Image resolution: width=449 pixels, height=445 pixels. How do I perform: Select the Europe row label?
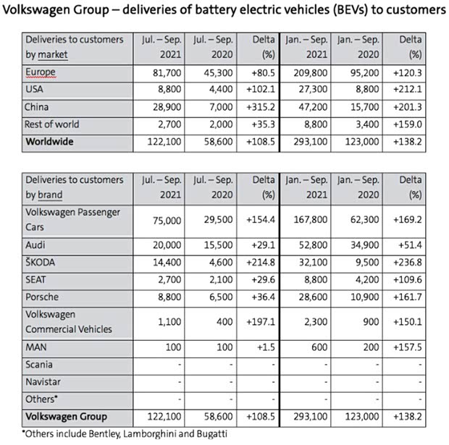pos(40,72)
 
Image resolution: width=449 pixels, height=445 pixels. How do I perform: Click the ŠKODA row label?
pos(42,263)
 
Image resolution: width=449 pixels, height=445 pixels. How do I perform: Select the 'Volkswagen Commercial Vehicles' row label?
pos(68,321)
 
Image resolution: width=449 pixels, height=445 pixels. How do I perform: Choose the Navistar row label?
pos(44,382)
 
